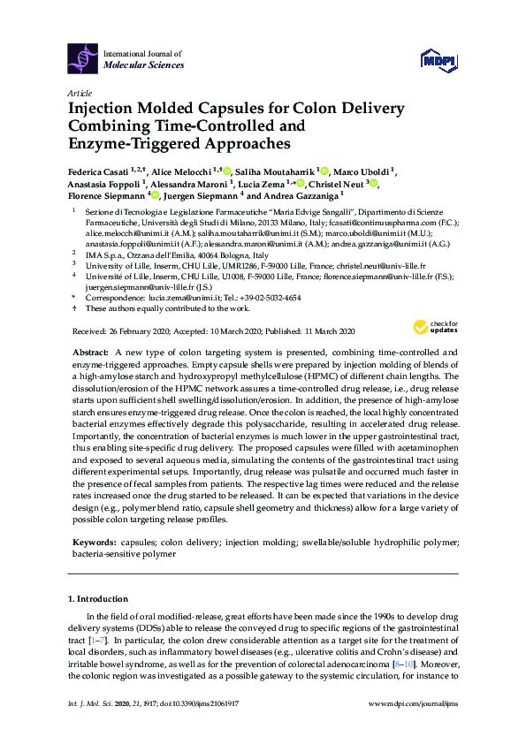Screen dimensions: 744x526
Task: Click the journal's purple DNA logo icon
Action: click(x=84, y=59)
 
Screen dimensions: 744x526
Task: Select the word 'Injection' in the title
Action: click(x=104, y=109)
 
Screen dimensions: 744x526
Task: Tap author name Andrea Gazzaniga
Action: click(x=301, y=196)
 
